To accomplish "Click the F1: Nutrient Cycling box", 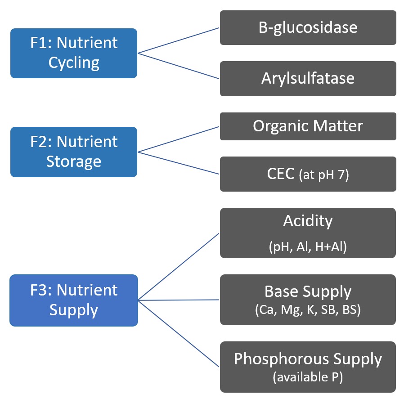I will (74, 53).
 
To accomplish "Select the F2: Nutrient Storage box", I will (74, 152).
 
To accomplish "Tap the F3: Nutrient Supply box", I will (74, 300).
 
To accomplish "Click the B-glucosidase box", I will (308, 28).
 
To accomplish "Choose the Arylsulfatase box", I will (308, 79).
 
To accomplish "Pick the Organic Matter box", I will (308, 126).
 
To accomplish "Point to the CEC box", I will (308, 174).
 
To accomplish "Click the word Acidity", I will (308, 221).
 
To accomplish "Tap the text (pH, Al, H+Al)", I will (308, 247).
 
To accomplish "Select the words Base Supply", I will (308, 292).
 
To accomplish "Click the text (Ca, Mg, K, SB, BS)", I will (308, 310).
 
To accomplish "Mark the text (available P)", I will (308, 378).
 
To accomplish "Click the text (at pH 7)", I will (323, 175).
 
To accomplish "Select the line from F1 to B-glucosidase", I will (178, 40).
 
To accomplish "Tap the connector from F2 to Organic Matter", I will (178, 139).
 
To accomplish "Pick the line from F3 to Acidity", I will (178, 267).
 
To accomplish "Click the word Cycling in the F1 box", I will (74, 63).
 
